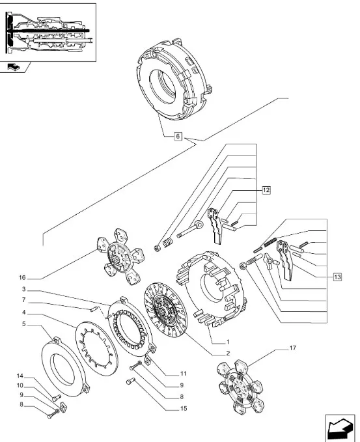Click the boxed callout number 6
coord(178,137)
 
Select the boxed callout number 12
coord(266,190)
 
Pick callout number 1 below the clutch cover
coord(228,342)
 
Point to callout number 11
coord(184,374)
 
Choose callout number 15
coord(184,408)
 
